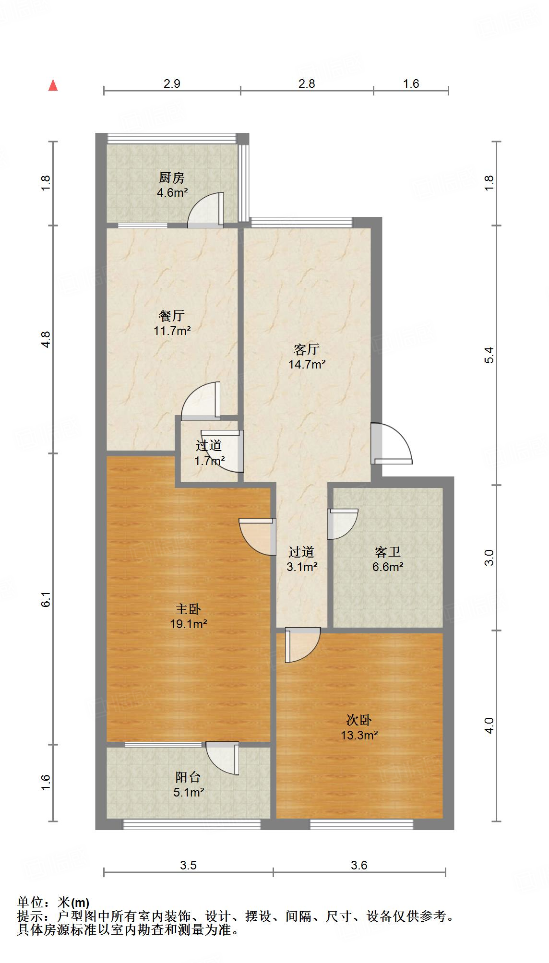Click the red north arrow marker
tap(53, 85)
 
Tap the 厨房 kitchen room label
tap(172, 178)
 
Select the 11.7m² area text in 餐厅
tap(172, 331)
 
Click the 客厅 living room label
tap(307, 349)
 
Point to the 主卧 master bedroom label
tap(188, 609)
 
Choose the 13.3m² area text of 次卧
tap(359, 735)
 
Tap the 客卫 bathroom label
tap(387, 552)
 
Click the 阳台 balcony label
tap(188, 777)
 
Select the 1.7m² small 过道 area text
tap(209, 461)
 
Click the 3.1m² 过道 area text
tap(302, 567)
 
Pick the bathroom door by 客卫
tap(343, 523)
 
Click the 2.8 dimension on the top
tap(307, 83)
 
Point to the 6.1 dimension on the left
tap(46, 600)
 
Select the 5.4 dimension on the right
tap(489, 355)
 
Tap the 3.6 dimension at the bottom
tap(359, 865)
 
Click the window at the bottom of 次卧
tap(361, 824)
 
